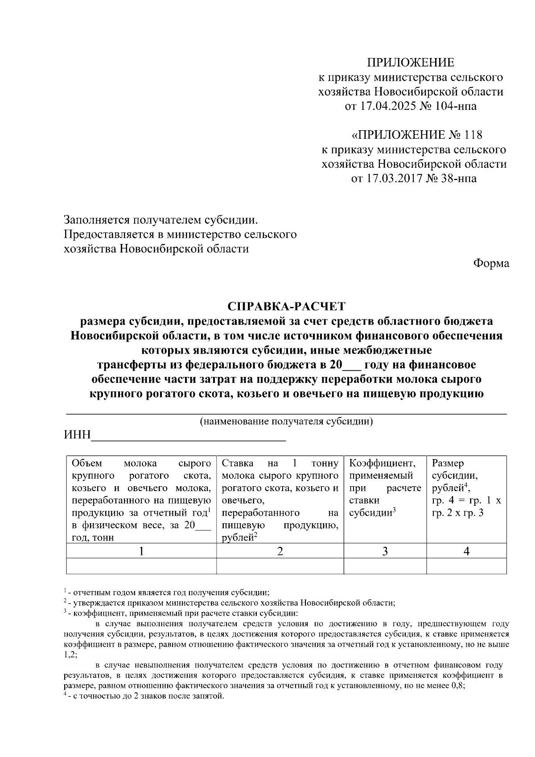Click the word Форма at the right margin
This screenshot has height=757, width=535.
491,263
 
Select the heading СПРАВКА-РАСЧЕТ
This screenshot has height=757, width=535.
286,306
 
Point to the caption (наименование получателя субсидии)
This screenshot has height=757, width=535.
286,422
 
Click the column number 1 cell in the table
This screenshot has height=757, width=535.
141,551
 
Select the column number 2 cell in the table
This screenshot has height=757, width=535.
280,551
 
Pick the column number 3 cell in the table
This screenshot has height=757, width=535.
385,551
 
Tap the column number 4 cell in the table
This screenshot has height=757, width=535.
466,551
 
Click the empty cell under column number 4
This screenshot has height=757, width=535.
466,566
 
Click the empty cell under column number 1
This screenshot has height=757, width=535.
141,566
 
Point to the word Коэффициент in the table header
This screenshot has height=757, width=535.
382,463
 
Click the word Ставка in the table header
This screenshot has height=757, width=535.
238,463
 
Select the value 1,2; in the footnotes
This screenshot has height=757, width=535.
71,654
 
